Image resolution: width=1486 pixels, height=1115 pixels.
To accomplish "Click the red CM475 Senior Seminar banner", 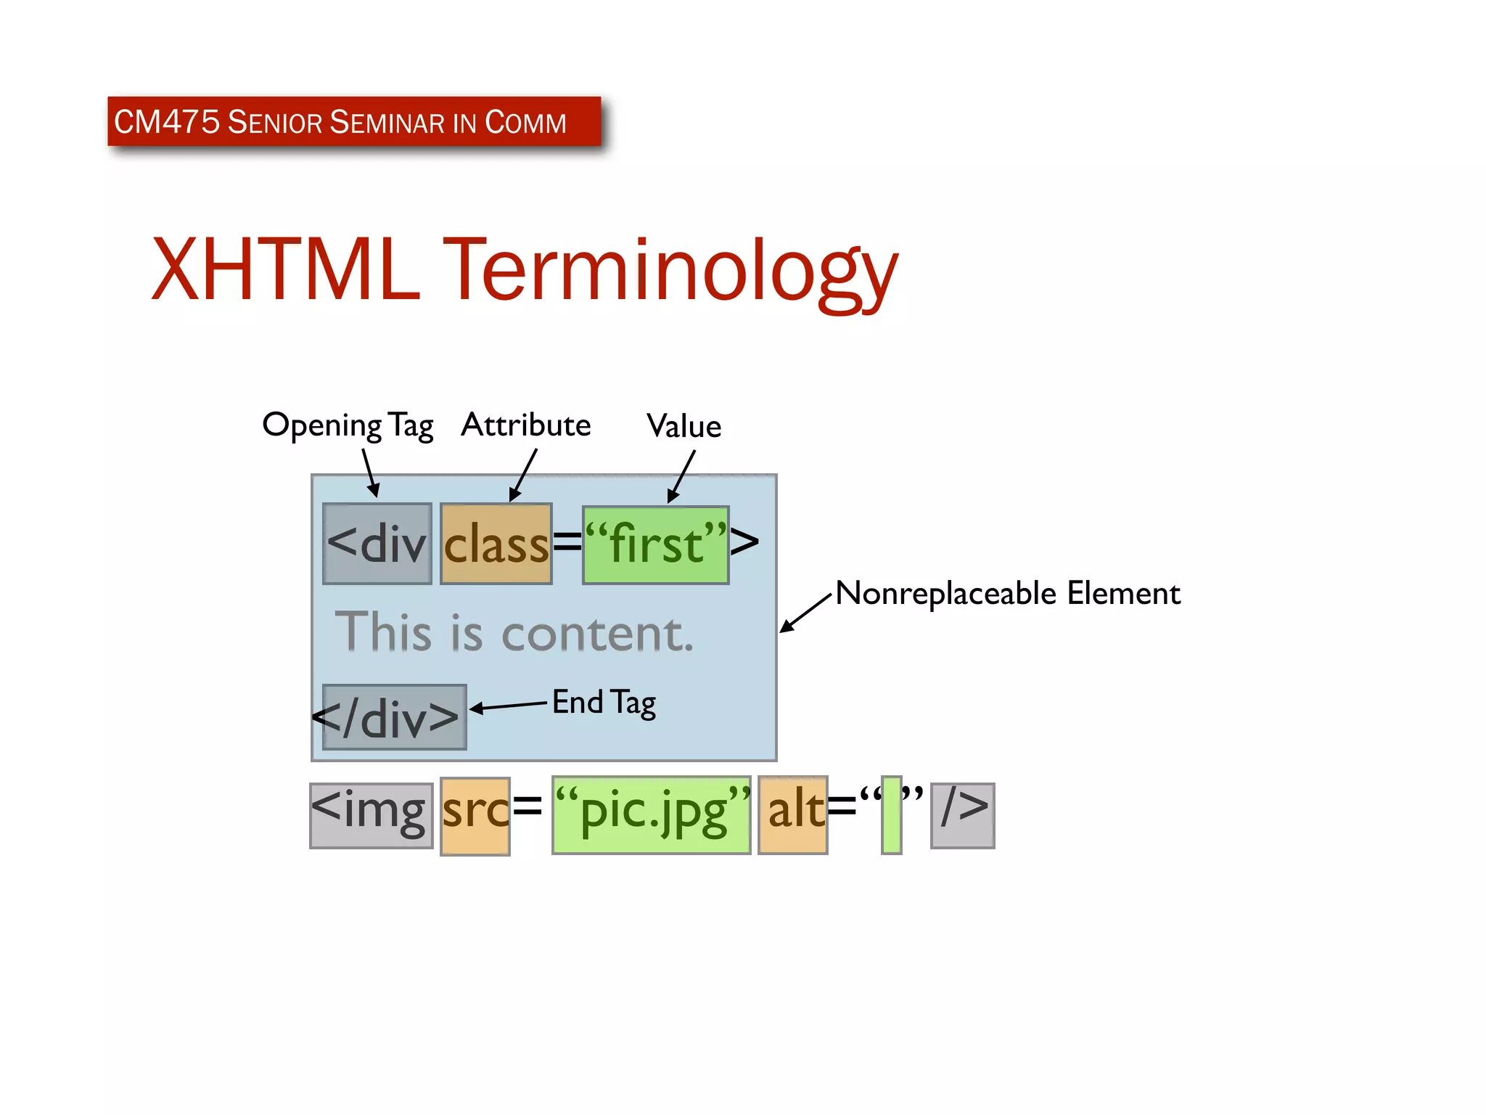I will click(354, 121).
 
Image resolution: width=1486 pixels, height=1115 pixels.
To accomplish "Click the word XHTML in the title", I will click(285, 269).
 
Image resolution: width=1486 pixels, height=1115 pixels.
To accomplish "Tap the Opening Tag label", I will click(348, 425).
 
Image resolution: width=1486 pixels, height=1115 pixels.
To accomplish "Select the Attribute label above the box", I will click(526, 425).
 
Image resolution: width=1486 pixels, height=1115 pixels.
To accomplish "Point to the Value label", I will click(684, 426).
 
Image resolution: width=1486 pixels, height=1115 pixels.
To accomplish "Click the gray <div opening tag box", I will click(377, 544).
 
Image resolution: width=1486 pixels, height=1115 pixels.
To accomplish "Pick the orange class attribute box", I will click(496, 544).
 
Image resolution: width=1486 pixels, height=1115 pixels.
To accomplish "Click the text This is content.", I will click(514, 632).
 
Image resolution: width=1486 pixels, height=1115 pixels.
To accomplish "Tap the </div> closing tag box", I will click(394, 717).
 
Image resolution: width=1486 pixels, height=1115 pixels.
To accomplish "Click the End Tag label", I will click(604, 702).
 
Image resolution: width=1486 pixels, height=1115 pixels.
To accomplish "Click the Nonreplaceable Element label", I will click(1007, 593).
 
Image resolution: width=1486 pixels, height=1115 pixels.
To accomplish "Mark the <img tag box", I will click(371, 815).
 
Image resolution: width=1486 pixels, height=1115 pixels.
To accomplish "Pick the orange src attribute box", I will click(475, 816).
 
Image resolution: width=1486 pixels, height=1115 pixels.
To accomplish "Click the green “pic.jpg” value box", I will click(651, 814).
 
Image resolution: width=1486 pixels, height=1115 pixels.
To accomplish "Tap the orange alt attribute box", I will click(793, 814).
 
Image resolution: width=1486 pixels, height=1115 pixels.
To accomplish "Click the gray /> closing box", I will click(962, 815).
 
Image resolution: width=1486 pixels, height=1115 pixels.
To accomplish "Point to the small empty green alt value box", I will click(891, 815).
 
